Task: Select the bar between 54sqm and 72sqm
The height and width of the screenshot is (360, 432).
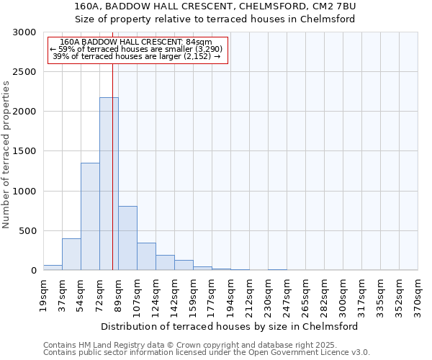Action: click(90, 216)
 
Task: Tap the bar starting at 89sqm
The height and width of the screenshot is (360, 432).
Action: click(127, 238)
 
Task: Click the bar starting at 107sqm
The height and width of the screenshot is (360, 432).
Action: click(146, 256)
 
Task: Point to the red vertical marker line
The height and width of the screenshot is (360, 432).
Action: click(112, 158)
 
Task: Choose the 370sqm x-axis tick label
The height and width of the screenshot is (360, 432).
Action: click(418, 294)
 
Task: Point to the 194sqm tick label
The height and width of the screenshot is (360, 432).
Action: click(231, 294)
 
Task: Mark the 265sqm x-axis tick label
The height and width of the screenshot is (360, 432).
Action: click(306, 294)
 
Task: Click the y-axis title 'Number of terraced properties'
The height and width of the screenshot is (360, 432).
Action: click(6, 155)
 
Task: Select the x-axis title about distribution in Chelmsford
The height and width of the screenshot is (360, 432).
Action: click(230, 326)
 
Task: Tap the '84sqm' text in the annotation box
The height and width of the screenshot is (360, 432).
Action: click(199, 42)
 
